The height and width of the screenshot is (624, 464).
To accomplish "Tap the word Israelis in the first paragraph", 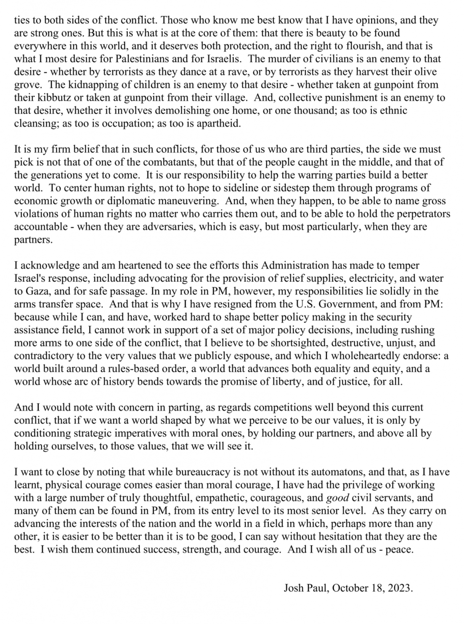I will point(221,59).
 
